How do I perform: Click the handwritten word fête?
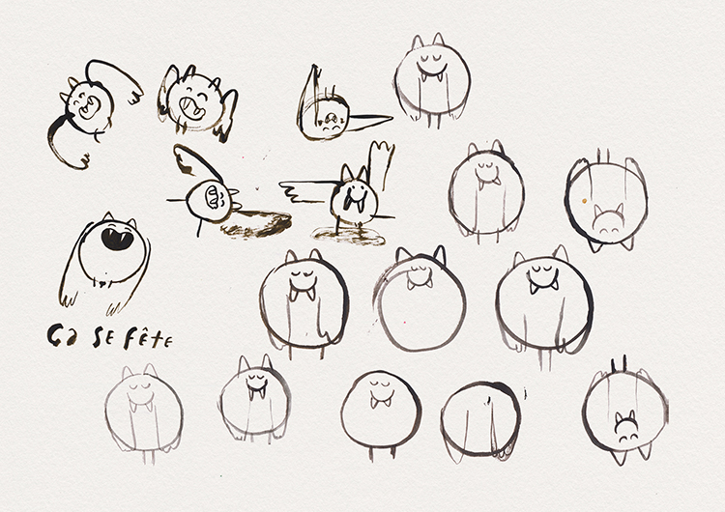pyautogui.click(x=148, y=339)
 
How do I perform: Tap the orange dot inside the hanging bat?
pyautogui.click(x=584, y=201)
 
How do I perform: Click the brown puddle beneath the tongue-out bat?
pyautogui.click(x=350, y=236)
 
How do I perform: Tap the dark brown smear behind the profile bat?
pyautogui.click(x=257, y=224)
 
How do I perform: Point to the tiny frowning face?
pyautogui.click(x=331, y=122)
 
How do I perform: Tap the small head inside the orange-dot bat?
pyautogui.click(x=608, y=220)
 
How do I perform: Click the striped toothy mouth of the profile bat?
pyautogui.click(x=213, y=197)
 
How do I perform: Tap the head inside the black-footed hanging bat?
pyautogui.click(x=626, y=426)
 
